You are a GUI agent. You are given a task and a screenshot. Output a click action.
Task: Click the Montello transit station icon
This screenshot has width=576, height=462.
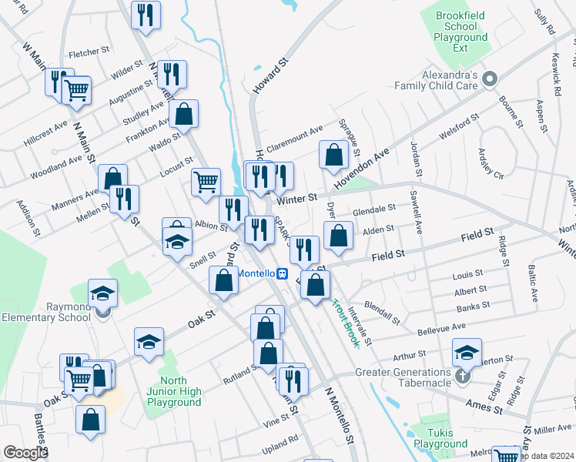click(283, 273)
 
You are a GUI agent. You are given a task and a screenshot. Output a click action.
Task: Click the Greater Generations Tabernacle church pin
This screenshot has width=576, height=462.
click(461, 376)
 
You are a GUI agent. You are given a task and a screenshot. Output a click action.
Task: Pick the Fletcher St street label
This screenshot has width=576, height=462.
click(89, 53)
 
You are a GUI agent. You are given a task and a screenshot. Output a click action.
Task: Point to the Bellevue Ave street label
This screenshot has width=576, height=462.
click(441, 327)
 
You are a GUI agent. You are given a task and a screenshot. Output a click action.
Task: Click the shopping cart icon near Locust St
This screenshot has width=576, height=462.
click(206, 182)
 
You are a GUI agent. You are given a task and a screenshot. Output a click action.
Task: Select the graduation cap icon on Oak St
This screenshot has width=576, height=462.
click(149, 341)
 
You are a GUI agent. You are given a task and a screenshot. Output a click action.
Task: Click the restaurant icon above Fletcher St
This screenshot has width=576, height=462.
click(145, 14)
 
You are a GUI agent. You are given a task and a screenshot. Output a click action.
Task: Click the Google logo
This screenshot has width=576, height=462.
click(25, 453)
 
